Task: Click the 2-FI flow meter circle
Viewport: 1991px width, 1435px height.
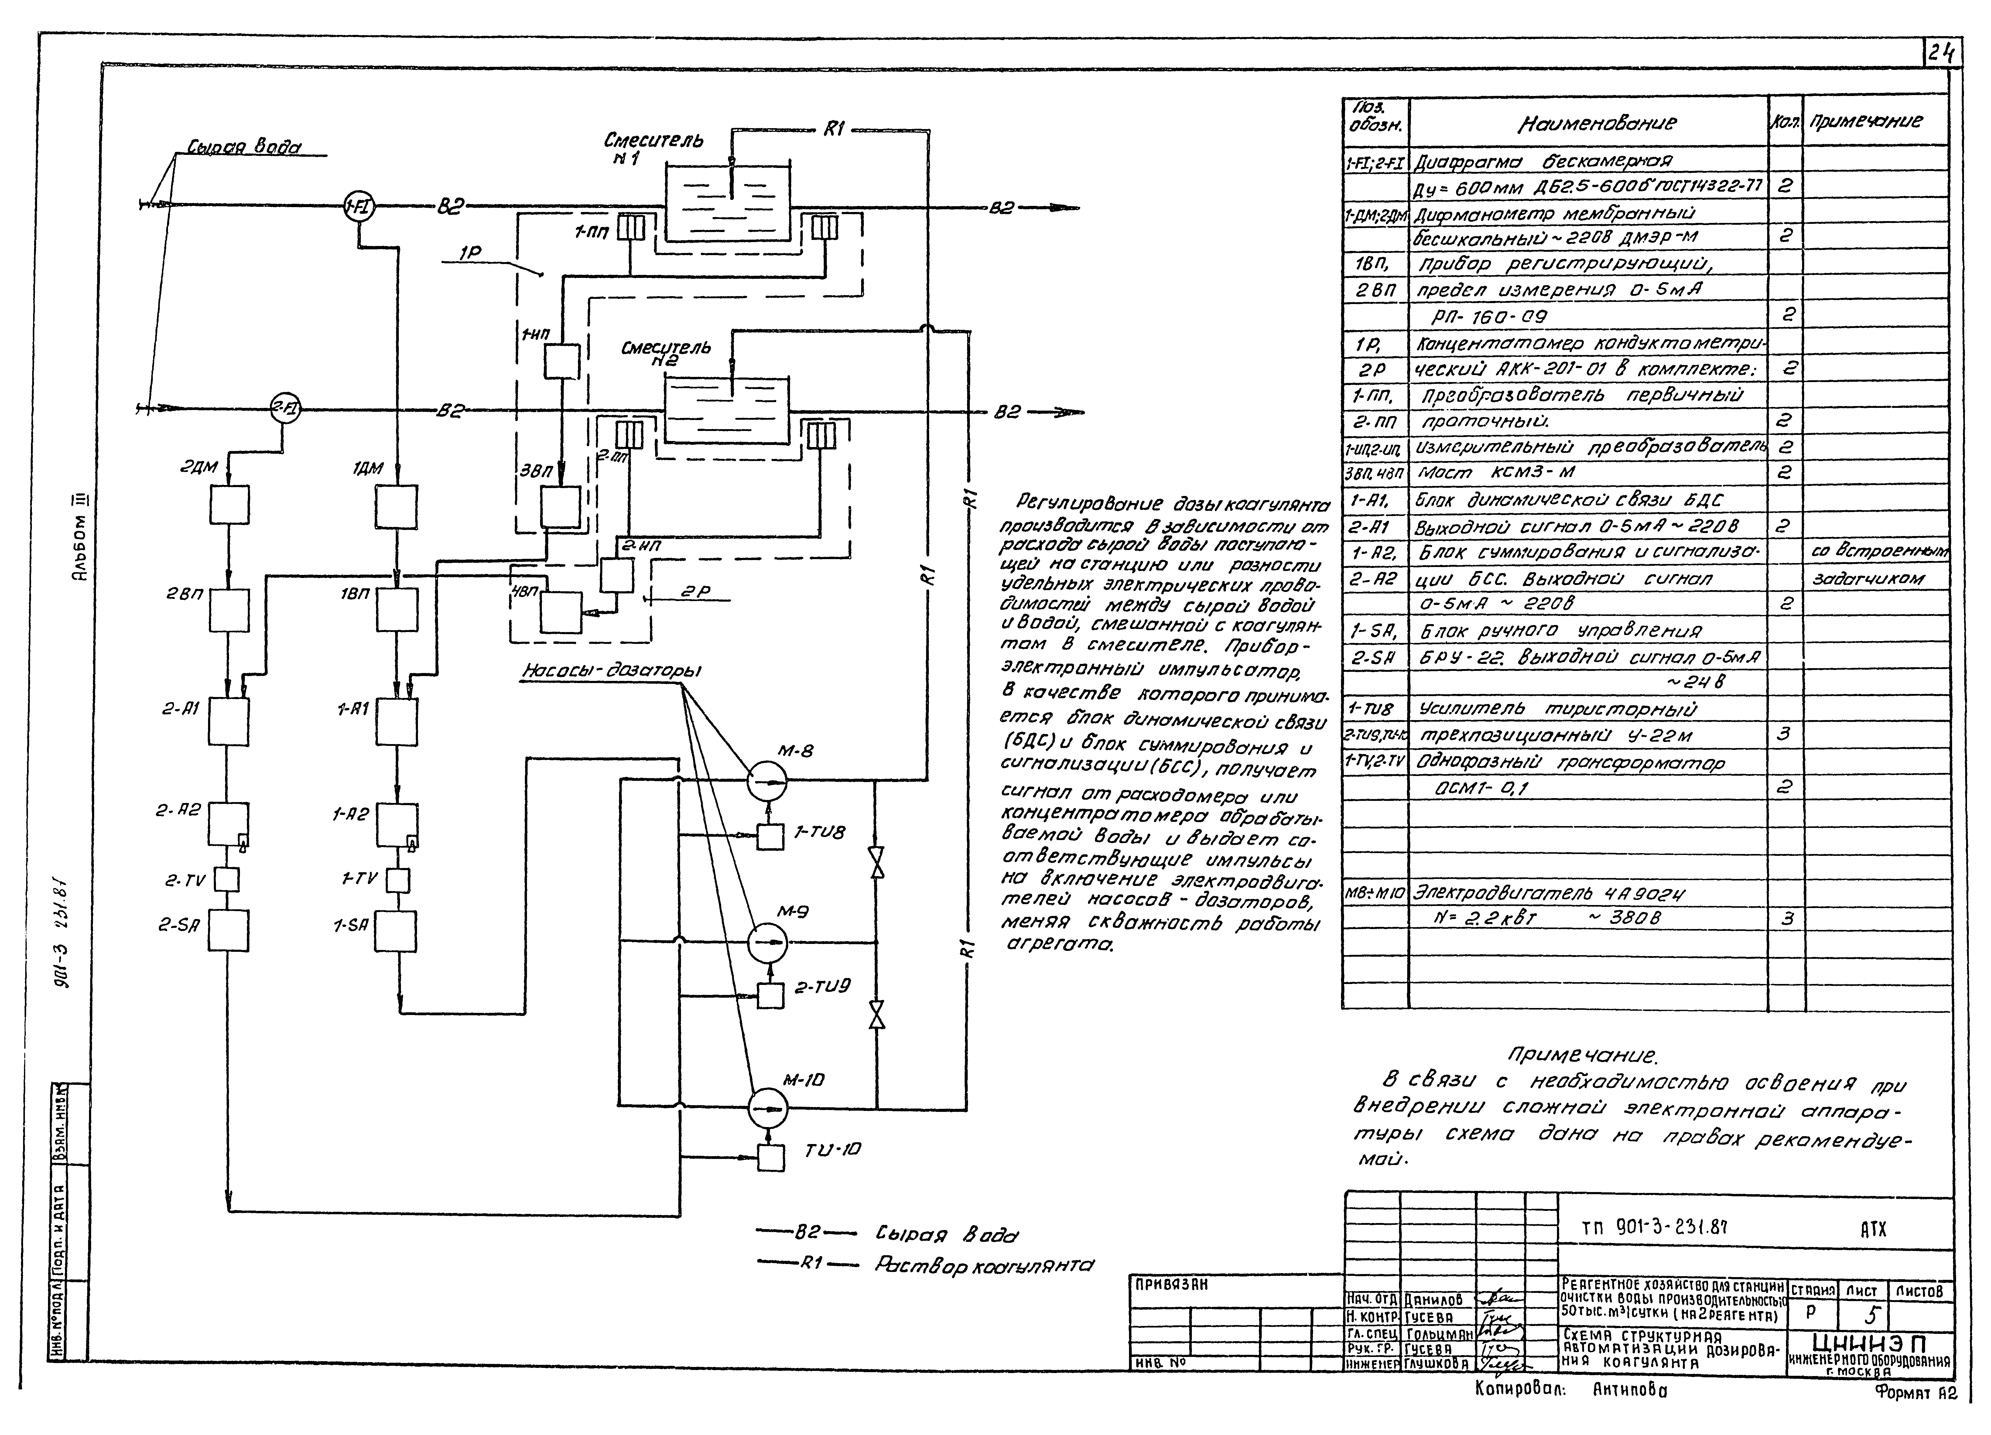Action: click(284, 408)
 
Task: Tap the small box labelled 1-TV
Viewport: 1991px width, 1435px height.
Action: click(398, 880)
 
